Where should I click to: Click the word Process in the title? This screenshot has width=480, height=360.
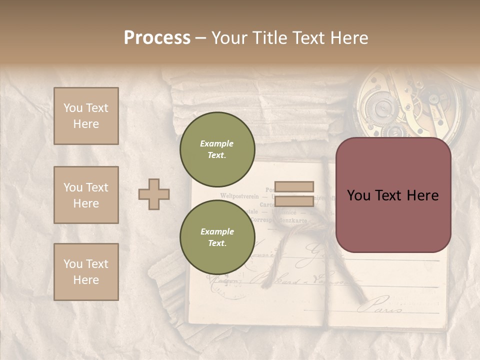157,38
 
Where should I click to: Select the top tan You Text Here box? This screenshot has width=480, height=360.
86,116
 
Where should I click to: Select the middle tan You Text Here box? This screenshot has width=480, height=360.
86,195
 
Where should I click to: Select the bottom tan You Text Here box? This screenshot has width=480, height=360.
86,272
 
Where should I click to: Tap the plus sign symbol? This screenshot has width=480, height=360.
154,194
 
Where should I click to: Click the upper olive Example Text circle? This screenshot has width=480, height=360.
217,149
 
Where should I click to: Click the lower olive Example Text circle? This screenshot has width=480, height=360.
217,237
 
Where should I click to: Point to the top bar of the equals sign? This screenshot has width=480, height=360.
294,187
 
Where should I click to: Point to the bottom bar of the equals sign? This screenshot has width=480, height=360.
294,201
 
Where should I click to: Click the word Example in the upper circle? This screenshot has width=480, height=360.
217,143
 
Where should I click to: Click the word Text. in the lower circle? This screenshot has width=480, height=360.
217,243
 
